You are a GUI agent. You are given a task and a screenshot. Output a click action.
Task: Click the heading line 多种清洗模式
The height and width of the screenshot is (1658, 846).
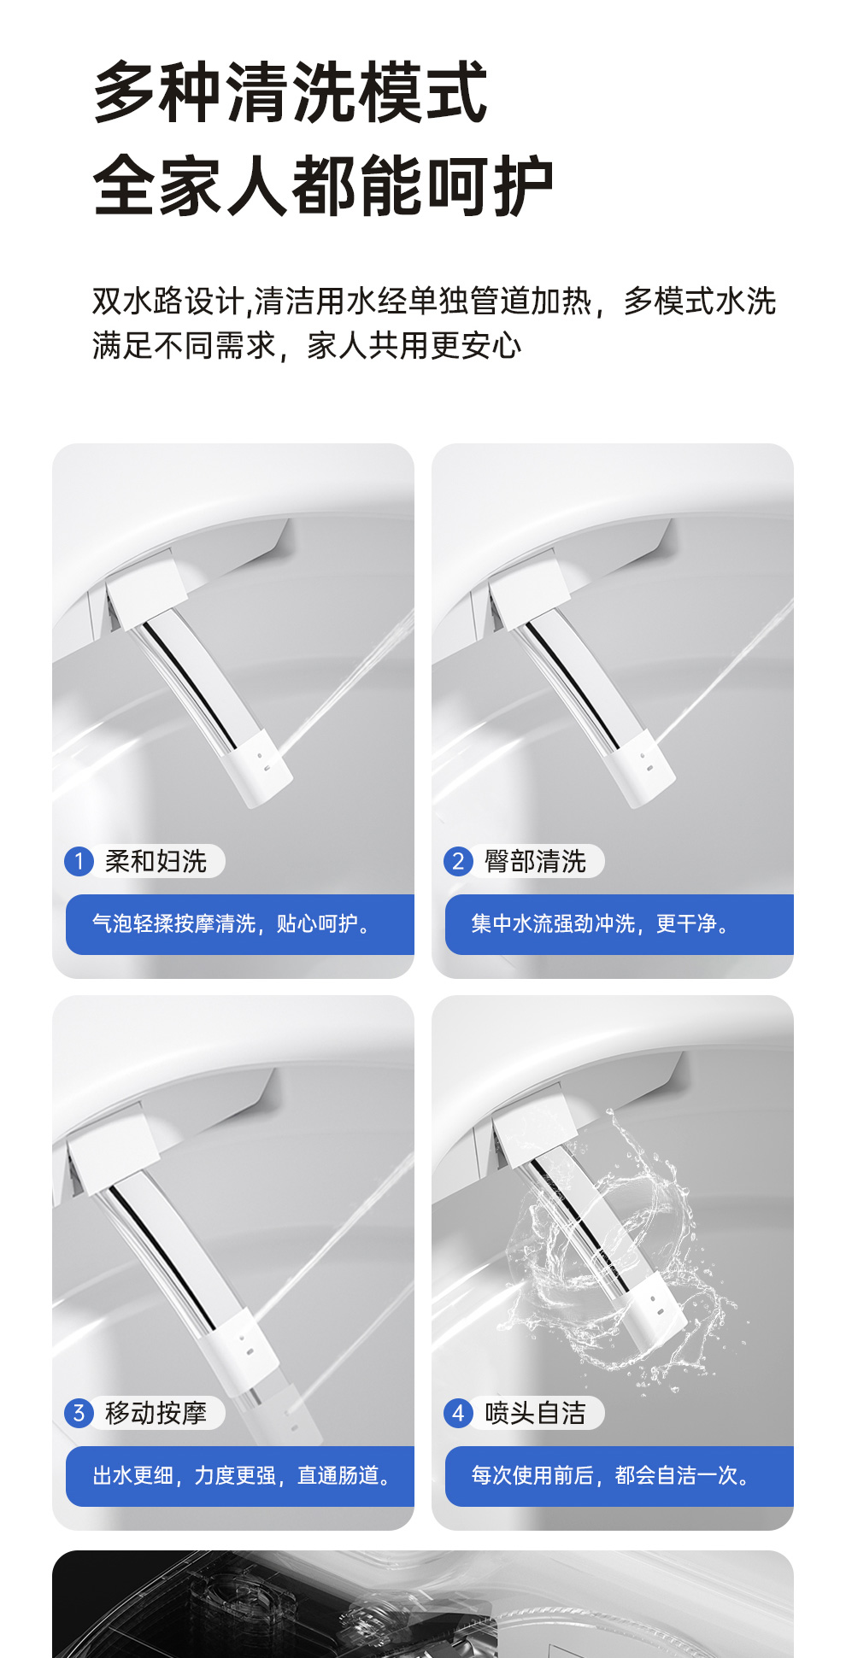point(291,92)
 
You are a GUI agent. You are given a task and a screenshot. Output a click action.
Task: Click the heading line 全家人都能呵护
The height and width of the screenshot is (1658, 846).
point(324,185)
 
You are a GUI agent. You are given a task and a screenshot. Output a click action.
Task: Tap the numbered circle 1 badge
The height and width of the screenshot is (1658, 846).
point(79,861)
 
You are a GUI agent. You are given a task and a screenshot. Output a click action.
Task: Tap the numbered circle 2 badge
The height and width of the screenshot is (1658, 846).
point(458,861)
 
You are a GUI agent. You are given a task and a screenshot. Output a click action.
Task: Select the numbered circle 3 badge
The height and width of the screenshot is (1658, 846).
point(79,1413)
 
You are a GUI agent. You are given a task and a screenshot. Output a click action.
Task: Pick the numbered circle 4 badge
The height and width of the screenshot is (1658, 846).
point(458,1413)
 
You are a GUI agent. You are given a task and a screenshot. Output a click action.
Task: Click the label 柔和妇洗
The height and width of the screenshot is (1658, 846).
point(156,861)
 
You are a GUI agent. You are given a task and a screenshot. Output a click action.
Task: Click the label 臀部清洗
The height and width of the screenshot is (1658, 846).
point(536,861)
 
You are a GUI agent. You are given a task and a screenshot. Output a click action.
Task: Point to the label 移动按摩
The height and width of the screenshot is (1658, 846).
point(156,1413)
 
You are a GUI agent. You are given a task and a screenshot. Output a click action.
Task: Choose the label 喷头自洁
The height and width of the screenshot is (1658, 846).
point(536,1413)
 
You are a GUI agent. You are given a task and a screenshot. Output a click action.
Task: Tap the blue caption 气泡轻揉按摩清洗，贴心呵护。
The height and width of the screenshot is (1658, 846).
point(232,924)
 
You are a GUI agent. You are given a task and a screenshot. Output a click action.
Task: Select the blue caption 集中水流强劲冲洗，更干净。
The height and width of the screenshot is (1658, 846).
point(600,924)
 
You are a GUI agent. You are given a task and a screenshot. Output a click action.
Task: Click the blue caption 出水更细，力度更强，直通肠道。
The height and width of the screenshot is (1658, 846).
point(242,1476)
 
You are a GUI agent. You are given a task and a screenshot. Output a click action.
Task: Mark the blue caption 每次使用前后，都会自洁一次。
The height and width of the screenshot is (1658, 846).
point(611,1476)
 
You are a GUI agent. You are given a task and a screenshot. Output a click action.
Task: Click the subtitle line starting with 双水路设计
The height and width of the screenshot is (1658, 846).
point(434,302)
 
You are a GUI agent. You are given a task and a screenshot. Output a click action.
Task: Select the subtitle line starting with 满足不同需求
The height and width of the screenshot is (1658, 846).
point(307,346)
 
